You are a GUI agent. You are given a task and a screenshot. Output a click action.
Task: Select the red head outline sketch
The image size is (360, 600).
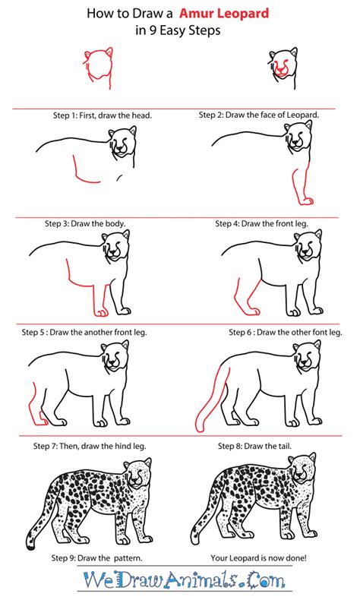(96, 66)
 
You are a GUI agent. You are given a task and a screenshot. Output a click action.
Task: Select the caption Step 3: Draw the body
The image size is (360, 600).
(89, 224)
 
